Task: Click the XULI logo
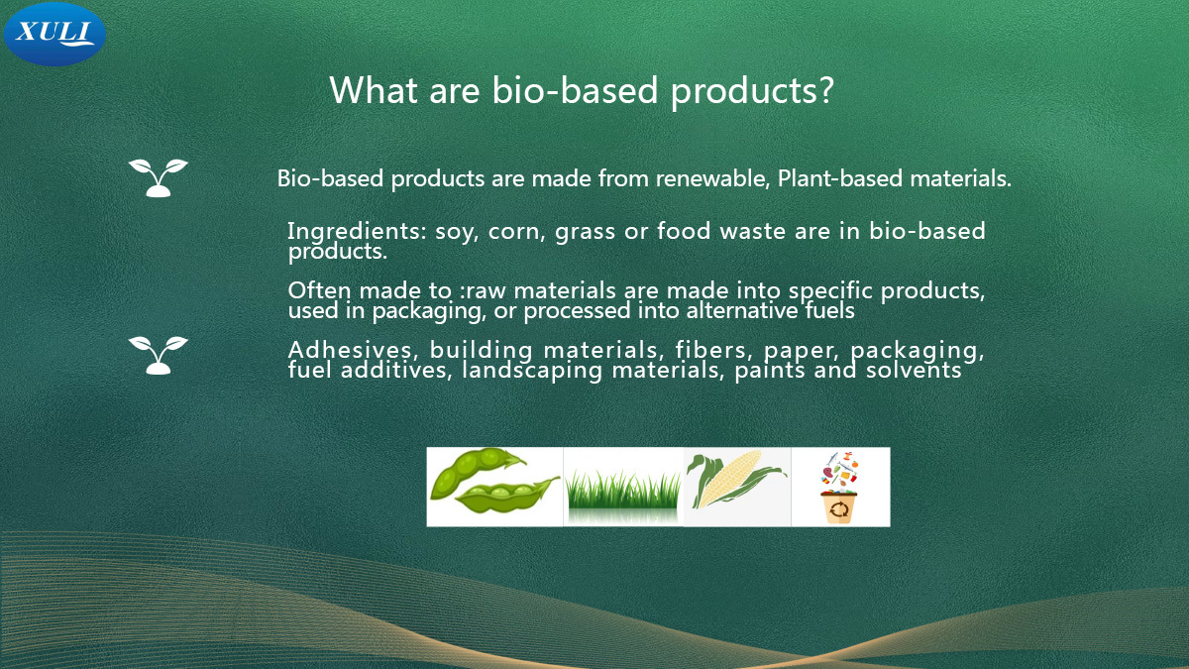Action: tap(54, 35)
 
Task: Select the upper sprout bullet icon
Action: tap(159, 177)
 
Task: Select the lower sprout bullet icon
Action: tap(159, 355)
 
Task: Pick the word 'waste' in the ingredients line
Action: tap(753, 232)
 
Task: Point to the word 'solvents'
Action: tap(914, 370)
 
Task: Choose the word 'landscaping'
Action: tap(532, 371)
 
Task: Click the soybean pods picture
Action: tap(494, 482)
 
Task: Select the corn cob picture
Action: tap(735, 480)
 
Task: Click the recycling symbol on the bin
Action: tap(839, 509)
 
